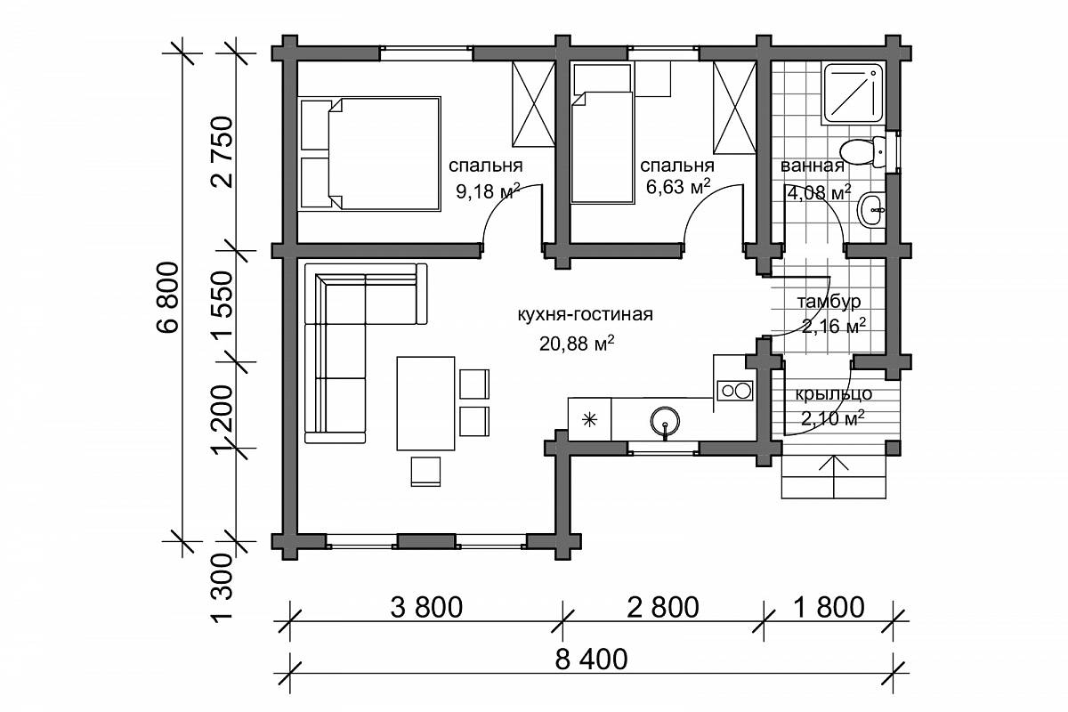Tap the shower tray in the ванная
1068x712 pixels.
click(854, 93)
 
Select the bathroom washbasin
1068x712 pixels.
click(872, 209)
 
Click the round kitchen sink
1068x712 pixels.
click(665, 421)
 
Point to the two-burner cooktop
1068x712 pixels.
click(735, 391)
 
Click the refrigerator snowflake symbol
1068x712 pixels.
click(590, 420)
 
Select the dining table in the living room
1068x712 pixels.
click(425, 403)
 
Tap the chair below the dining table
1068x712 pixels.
click(425, 471)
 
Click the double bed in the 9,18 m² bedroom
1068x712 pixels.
click(370, 154)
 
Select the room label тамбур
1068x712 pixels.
click(829, 302)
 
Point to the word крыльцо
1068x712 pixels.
click(833, 394)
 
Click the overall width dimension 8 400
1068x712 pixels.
click(591, 660)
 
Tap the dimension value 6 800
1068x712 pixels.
click(169, 296)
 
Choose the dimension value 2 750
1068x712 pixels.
click(222, 152)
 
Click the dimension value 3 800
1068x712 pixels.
click(426, 608)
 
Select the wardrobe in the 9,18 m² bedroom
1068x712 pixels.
click(533, 103)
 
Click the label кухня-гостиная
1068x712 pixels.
click(586, 315)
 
